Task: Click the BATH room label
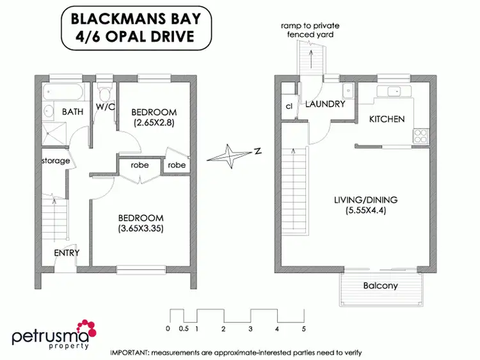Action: coord(72,112)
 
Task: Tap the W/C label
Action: coord(106,106)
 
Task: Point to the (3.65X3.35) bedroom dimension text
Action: coord(141,228)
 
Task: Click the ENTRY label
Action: coord(67,253)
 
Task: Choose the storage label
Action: coord(56,160)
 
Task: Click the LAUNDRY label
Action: coord(325,104)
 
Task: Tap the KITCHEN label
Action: coord(387,119)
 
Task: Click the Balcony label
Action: coord(380,286)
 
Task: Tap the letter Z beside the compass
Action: coord(256,152)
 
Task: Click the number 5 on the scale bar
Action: coord(303,329)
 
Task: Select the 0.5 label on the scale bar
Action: coord(184,329)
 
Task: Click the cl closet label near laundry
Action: coord(289,106)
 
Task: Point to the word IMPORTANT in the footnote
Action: coord(132,352)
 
